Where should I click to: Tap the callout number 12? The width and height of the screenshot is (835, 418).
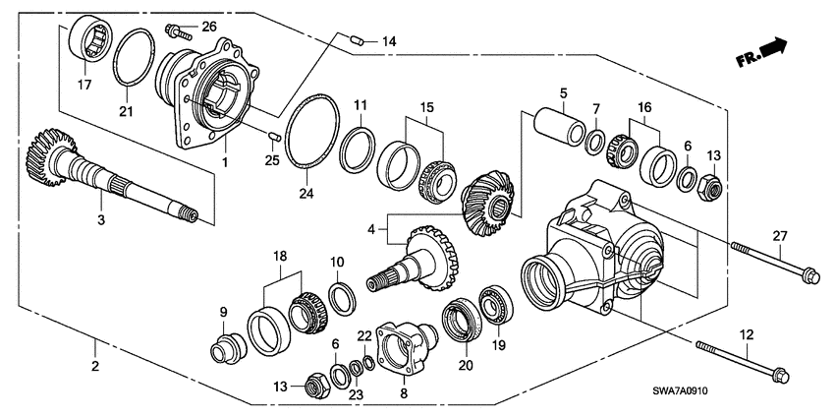(x=749, y=335)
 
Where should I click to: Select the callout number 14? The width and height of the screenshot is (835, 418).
(x=389, y=41)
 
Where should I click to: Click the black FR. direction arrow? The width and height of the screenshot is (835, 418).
(x=775, y=46)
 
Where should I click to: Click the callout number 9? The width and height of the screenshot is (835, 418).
(x=224, y=312)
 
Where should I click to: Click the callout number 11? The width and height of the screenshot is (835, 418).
(x=361, y=104)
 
